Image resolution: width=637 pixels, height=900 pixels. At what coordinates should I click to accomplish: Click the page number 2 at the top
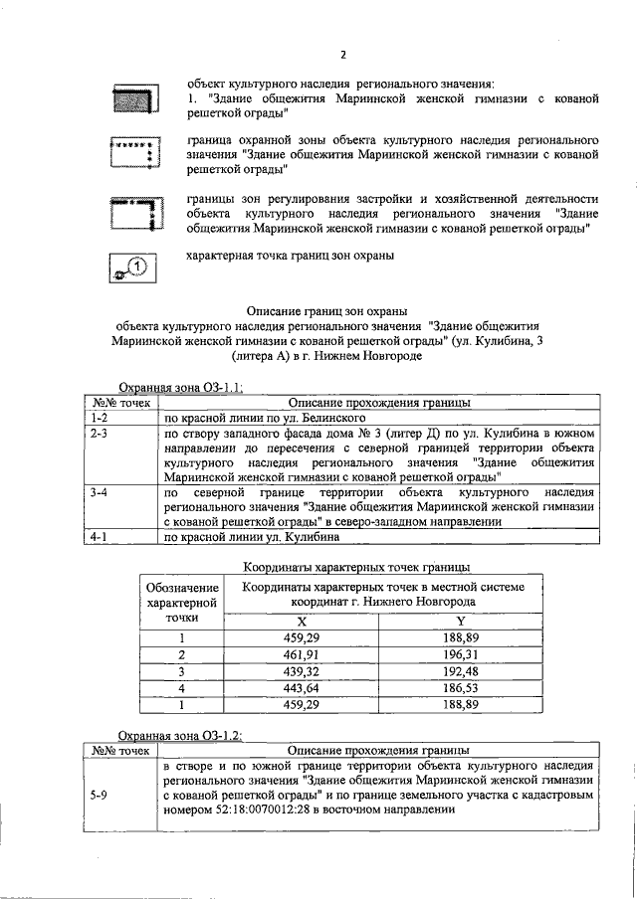(x=342, y=54)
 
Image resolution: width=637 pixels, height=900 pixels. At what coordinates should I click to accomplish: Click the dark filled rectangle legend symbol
(x=133, y=99)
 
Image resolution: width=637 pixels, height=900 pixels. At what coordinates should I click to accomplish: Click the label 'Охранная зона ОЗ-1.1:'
(x=181, y=389)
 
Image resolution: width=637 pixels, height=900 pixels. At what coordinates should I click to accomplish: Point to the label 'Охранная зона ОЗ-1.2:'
(x=181, y=734)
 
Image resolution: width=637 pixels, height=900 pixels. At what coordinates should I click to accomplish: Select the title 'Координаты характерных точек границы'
(x=357, y=568)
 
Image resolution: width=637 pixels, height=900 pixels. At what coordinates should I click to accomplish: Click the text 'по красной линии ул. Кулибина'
(x=251, y=538)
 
